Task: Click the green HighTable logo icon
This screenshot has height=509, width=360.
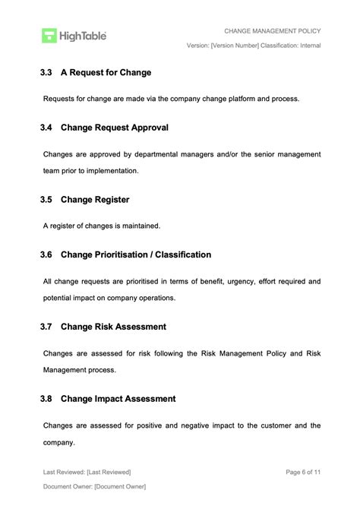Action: point(49,35)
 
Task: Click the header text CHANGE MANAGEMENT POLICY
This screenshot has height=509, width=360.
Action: point(272,31)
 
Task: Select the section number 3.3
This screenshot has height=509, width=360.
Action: point(46,73)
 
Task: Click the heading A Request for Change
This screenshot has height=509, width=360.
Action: point(106,73)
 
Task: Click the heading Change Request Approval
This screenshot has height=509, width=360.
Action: point(114,128)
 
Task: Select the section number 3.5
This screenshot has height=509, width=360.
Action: point(46,200)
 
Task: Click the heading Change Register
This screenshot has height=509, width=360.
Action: point(95,200)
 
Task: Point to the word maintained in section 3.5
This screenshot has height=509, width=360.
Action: point(140,226)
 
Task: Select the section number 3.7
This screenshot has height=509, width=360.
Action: point(46,327)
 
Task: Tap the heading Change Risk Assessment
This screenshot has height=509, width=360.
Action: point(113,327)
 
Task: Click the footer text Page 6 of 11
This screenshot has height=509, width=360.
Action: point(303,472)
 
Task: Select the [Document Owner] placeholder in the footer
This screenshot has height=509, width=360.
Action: point(120,486)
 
